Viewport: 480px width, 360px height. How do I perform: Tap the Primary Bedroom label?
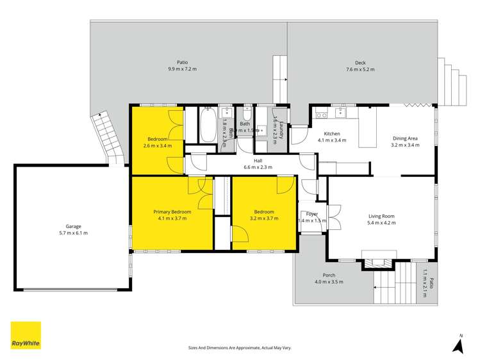172,211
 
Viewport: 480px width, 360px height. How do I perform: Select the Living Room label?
381,216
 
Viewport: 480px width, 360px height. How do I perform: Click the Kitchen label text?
331,133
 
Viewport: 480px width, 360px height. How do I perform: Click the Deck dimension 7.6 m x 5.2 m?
360,69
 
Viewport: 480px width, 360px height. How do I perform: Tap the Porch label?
329,275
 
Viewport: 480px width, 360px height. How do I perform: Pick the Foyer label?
312,214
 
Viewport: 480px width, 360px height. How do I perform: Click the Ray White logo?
26,336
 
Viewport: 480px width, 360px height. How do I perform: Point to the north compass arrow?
458,346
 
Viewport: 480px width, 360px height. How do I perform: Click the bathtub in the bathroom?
208,126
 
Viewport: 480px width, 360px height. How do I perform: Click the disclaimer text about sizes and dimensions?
240,348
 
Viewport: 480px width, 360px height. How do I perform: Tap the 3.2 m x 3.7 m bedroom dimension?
263,218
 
